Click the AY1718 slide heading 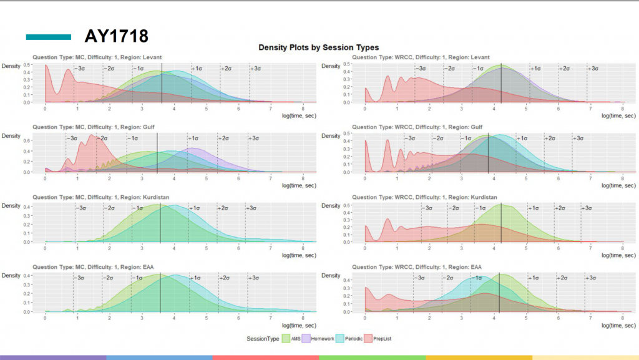(x=117, y=36)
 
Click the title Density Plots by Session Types (x=318, y=47)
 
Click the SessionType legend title (x=262, y=338)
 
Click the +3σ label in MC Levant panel (x=255, y=69)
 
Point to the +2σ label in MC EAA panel (x=225, y=278)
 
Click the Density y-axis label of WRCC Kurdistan (x=331, y=206)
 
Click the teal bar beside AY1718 (x=49, y=37)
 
